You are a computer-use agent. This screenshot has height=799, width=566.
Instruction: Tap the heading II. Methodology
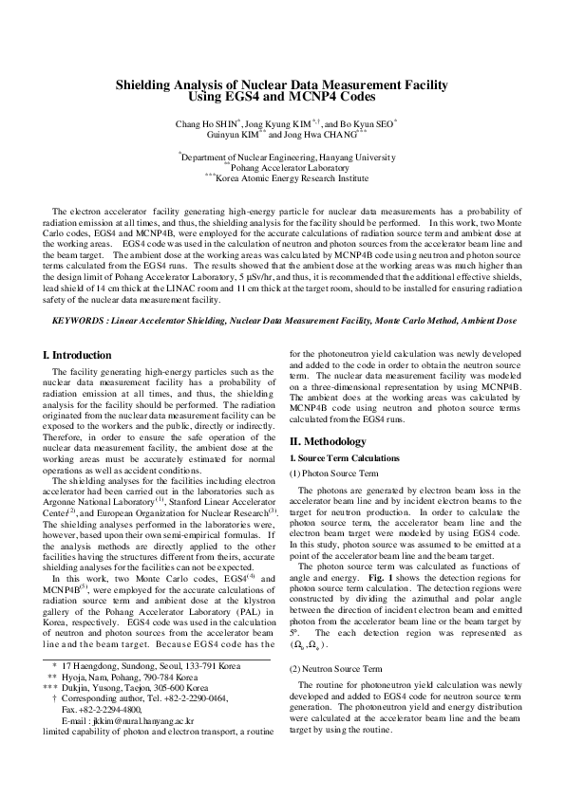[327, 441]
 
